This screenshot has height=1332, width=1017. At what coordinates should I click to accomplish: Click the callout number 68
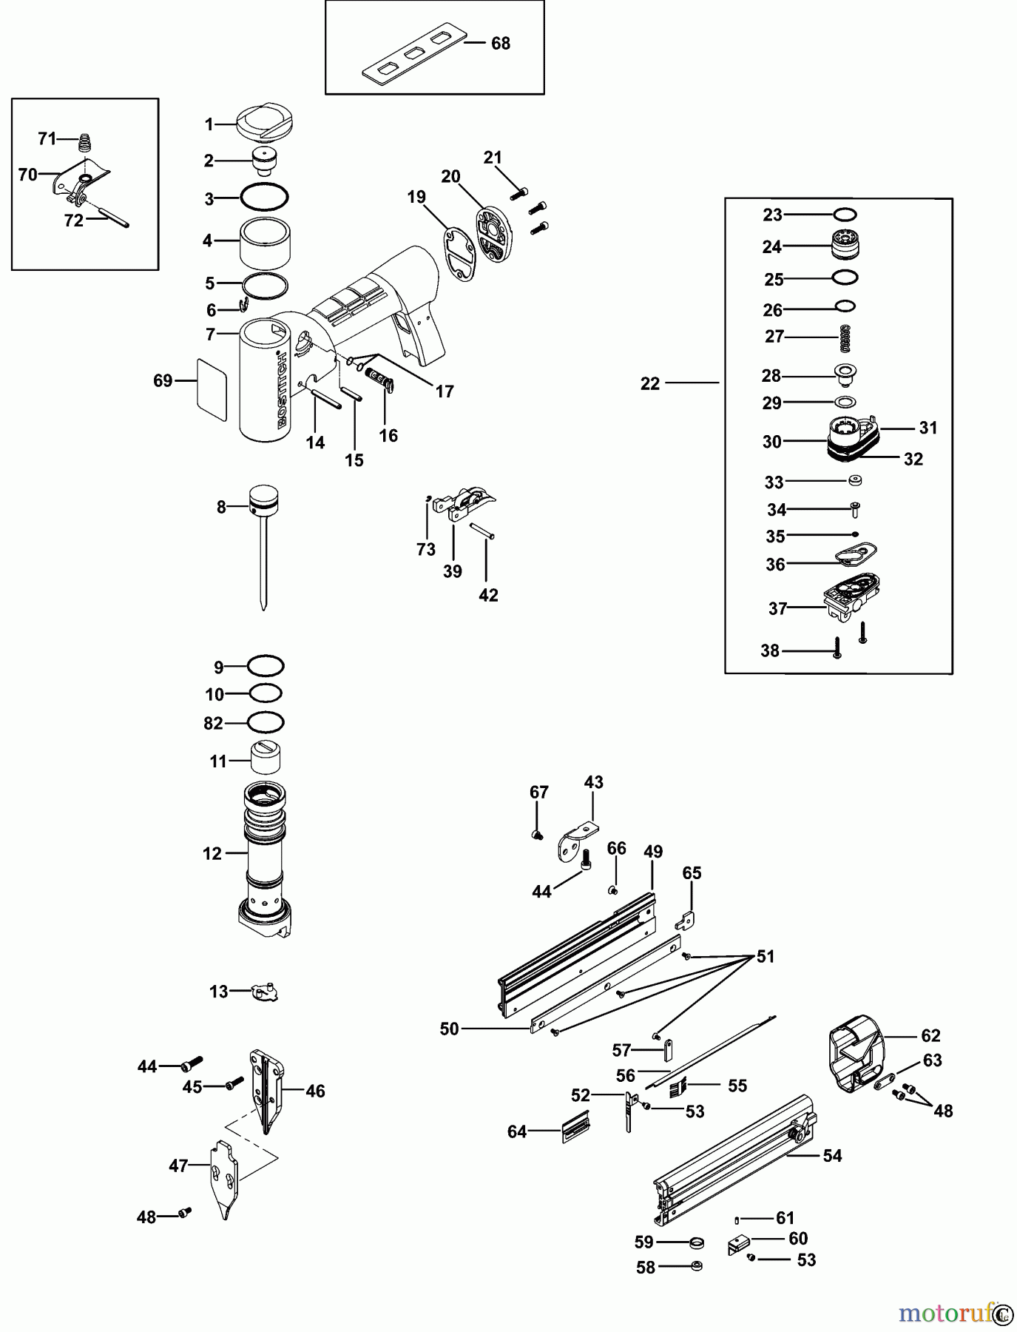[x=501, y=44]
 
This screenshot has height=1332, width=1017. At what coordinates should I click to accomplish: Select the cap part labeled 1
[x=265, y=122]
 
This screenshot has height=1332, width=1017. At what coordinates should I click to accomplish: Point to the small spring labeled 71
[x=87, y=141]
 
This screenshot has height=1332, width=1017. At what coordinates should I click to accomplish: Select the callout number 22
[x=650, y=384]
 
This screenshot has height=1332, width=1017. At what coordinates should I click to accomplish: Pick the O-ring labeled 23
[x=845, y=215]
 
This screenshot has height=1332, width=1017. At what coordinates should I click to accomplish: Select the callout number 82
[x=213, y=723]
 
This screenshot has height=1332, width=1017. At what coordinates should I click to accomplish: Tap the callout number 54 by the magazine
[x=832, y=1156]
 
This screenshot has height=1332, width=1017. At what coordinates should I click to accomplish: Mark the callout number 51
[x=766, y=957]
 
